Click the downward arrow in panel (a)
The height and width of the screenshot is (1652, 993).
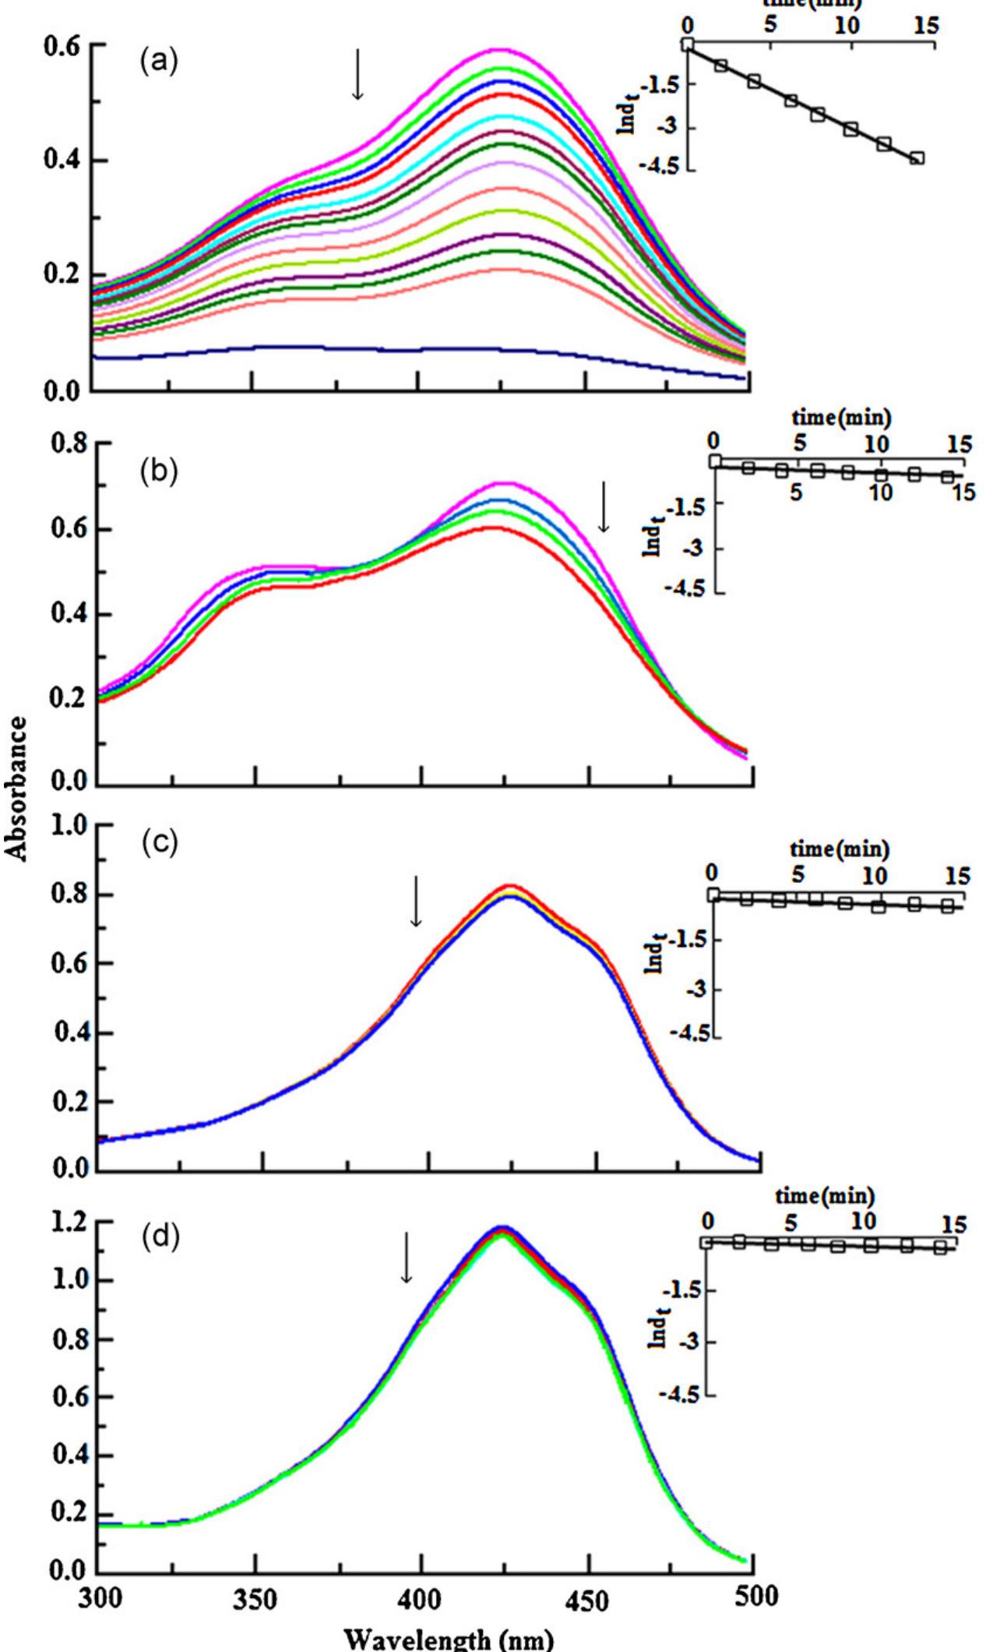click(357, 74)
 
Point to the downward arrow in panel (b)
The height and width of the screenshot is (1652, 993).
click(604, 507)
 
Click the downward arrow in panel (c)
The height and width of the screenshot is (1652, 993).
click(416, 901)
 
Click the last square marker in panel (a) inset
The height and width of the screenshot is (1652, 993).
click(917, 158)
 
